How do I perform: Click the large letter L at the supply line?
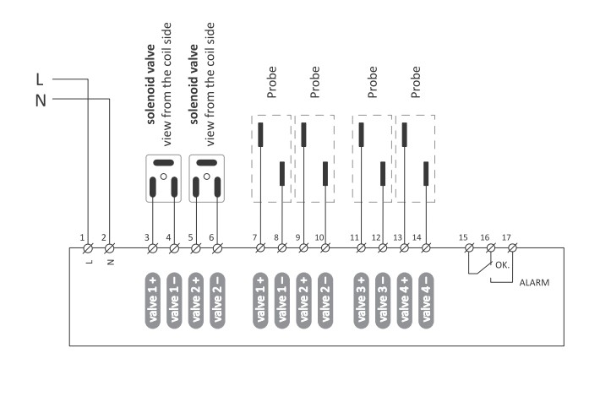[40, 79]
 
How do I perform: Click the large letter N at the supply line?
[41, 100]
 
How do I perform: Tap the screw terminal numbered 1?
[88, 247]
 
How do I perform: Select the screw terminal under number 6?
[217, 247]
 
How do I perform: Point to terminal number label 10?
[319, 237]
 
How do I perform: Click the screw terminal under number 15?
[470, 247]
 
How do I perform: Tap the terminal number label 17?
[506, 237]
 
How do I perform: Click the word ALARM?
[534, 282]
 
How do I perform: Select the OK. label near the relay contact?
[502, 265]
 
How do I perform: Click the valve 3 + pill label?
[361, 301]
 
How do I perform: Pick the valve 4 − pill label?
[426, 301]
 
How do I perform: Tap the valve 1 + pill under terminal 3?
[153, 301]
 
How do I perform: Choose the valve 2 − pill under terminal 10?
[325, 301]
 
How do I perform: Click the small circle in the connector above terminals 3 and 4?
[164, 177]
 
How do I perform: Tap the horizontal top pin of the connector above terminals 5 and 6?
[207, 162]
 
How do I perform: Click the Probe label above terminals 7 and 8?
[271, 82]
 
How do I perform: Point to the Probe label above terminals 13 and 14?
[416, 82]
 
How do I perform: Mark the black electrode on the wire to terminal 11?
[361, 135]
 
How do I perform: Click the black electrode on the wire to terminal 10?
[325, 174]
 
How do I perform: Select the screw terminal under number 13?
[405, 247]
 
